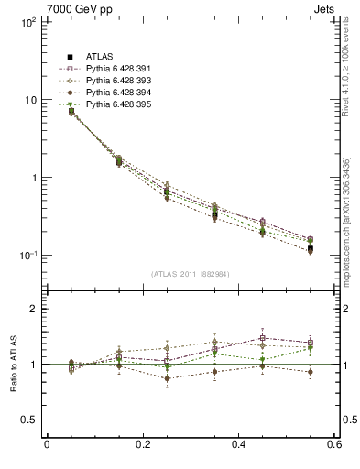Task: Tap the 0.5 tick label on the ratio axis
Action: (27, 420)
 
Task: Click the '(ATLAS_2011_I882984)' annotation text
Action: (190, 274)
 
